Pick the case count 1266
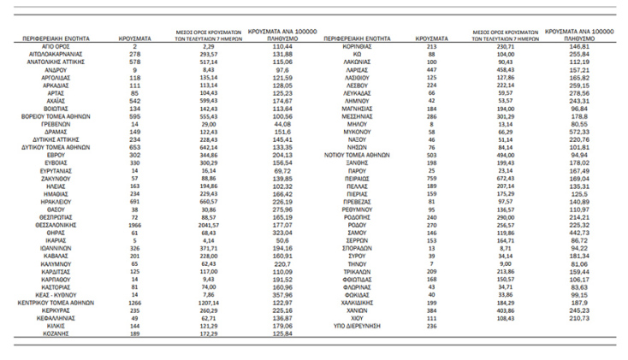coord(136,303)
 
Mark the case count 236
coord(431,325)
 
